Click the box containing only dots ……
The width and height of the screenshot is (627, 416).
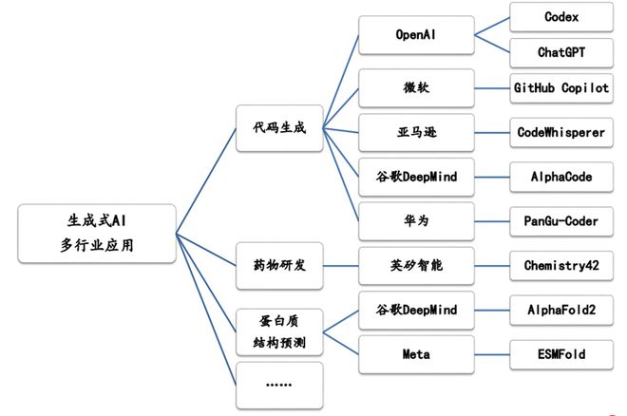(278, 384)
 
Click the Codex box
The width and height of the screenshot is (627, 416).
(560, 18)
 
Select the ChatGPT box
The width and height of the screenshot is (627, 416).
(560, 52)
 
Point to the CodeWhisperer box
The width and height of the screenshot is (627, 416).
(560, 132)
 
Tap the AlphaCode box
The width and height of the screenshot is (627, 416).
(560, 177)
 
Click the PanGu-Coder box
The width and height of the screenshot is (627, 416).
(560, 220)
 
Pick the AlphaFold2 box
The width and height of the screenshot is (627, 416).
(560, 310)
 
